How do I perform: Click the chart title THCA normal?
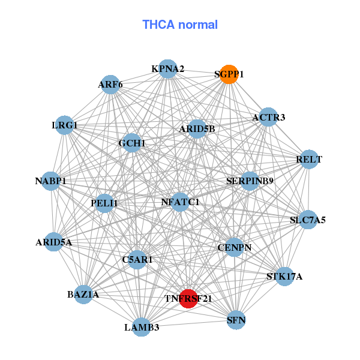pyautogui.click(x=180, y=25)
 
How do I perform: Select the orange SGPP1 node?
pyautogui.click(x=229, y=74)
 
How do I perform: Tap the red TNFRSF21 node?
pyautogui.click(x=188, y=298)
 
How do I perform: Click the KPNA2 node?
pyautogui.click(x=168, y=69)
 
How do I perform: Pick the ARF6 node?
pyautogui.click(x=110, y=85)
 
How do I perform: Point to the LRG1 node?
pyautogui.click(x=64, y=125)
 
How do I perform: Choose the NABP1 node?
pyautogui.click(x=50, y=181)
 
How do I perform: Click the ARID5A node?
pyautogui.click(x=53, y=242)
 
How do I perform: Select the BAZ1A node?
pyautogui.click(x=83, y=295)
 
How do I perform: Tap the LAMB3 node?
pyautogui.click(x=142, y=327)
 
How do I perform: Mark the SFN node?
pyautogui.click(x=236, y=320)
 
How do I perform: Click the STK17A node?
pyautogui.click(x=284, y=277)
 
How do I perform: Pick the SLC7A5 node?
pyautogui.click(x=308, y=220)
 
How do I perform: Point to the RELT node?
pyautogui.click(x=309, y=160)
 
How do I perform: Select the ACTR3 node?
pyautogui.click(x=268, y=117)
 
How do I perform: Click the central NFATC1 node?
pyautogui.click(x=180, y=202)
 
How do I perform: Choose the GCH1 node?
pyautogui.click(x=132, y=143)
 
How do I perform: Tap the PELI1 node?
pyautogui.click(x=104, y=203)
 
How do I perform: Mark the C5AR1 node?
pyautogui.click(x=137, y=260)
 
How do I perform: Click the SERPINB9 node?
pyautogui.click(x=250, y=181)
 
